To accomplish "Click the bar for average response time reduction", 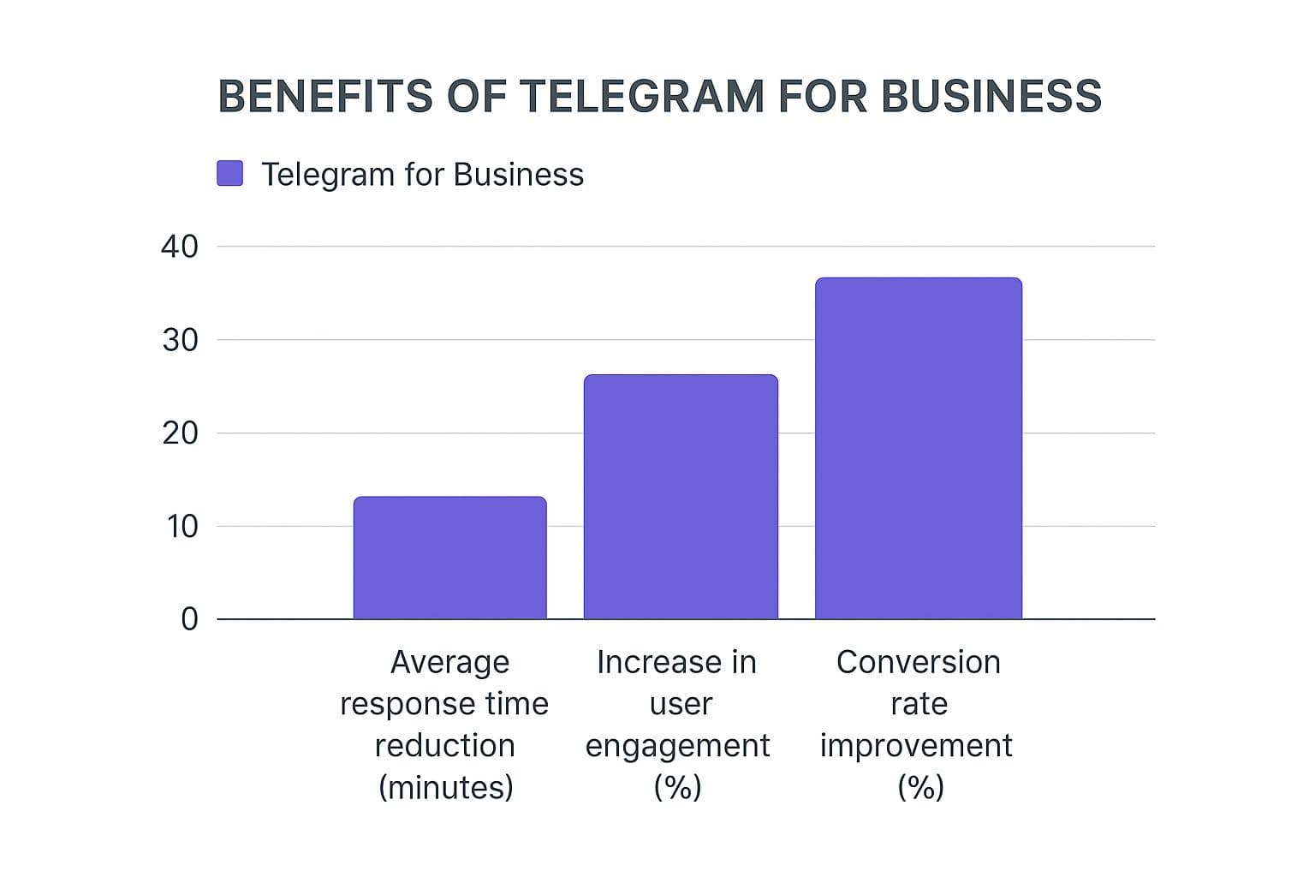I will tap(449, 558).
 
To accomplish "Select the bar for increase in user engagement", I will tap(681, 497).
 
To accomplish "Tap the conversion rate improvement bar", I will tap(918, 448).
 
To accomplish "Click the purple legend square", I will tap(229, 173).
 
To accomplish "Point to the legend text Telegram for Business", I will tap(422, 174).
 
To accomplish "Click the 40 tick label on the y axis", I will tap(179, 247).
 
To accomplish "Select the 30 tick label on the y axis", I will tap(179, 340).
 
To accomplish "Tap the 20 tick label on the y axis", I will tap(179, 433).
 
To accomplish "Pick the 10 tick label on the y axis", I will tap(181, 526).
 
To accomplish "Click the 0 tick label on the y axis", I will tap(189, 618).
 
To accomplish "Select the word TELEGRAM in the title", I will tap(641, 96).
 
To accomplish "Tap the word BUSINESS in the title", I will tap(991, 96).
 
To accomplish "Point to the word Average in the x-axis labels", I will tap(449, 662).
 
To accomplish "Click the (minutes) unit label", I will tap(445, 787).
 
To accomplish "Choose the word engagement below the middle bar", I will tap(677, 746).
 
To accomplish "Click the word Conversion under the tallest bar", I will tap(918, 662).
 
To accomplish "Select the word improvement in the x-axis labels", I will tap(916, 746).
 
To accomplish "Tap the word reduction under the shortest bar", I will tap(444, 746).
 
